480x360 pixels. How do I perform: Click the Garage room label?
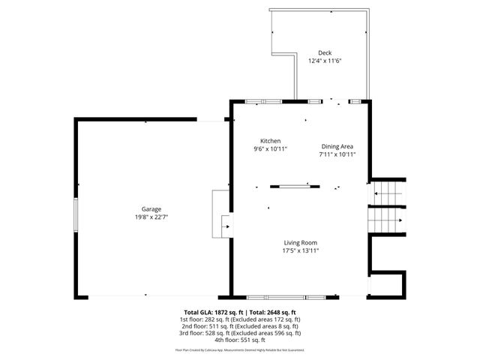[152, 209]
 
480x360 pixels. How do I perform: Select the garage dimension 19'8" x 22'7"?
[152, 217]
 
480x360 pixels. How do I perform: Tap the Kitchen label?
[270, 141]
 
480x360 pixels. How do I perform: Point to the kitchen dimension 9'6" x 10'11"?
[270, 149]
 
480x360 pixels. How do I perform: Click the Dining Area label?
[337, 146]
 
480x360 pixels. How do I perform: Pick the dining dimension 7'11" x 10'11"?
[337, 154]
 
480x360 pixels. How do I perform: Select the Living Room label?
[300, 242]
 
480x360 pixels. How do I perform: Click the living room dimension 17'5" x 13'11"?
[300, 250]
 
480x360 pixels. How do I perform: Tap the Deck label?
[324, 52]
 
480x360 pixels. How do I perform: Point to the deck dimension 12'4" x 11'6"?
[324, 61]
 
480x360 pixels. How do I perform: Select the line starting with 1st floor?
[240, 319]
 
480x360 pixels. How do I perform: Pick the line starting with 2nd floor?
[240, 326]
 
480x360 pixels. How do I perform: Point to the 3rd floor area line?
[240, 333]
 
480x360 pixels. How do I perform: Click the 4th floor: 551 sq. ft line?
[240, 340]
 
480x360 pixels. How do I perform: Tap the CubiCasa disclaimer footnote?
[240, 349]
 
